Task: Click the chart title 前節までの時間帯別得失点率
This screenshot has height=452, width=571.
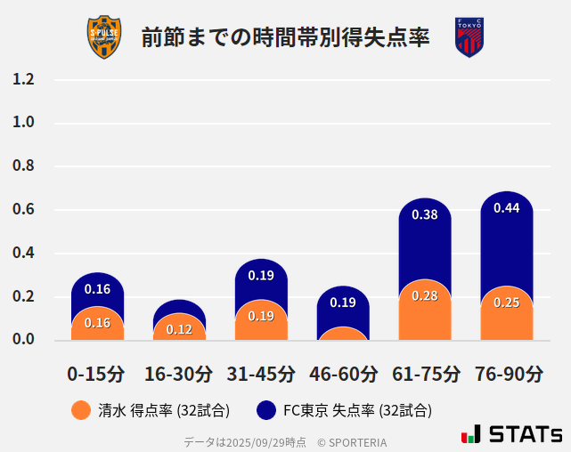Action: (285, 38)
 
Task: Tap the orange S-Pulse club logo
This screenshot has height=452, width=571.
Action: (103, 37)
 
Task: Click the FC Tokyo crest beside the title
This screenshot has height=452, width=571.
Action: (469, 37)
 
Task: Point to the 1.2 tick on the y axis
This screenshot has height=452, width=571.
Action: (23, 80)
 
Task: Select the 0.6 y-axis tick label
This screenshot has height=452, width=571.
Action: (23, 210)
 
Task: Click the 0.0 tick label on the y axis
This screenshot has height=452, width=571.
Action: (23, 339)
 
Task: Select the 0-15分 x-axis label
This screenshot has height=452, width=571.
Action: (97, 374)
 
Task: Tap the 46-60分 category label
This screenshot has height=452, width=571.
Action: (343, 374)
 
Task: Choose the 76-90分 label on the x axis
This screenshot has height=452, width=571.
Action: (507, 374)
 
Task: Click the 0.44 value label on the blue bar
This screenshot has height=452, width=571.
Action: (507, 208)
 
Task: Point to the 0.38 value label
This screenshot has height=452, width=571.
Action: (425, 214)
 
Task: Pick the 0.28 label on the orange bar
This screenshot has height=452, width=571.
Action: (425, 295)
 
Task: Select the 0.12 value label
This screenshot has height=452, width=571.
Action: (179, 329)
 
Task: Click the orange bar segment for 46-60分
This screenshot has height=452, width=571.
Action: (343, 334)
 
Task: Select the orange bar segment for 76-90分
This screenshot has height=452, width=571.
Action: (507, 316)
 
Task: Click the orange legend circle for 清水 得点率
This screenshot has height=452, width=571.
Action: (80, 410)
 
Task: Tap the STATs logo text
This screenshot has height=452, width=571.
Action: (526, 435)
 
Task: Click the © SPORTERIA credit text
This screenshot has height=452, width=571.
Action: (352, 442)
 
